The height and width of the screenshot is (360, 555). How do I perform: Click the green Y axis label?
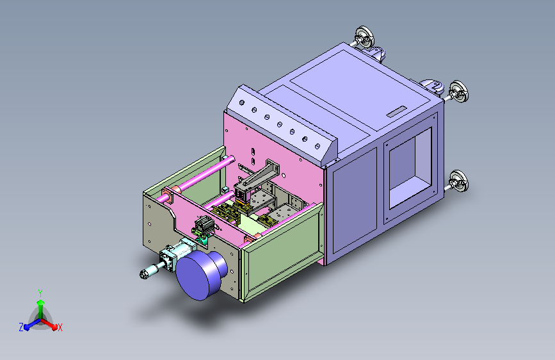click(x=40, y=293)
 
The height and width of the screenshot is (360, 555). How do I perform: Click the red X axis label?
click(x=60, y=327)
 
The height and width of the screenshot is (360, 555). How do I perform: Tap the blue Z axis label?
click(x=21, y=327)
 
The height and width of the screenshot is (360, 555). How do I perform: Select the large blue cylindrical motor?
click(x=201, y=274)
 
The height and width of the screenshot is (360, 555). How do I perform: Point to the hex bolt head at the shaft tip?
click(x=143, y=274)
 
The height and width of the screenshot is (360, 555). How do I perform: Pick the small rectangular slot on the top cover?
click(x=397, y=111)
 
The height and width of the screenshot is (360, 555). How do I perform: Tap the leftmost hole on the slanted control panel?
click(x=242, y=102)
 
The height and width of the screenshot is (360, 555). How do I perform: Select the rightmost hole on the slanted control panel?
click(x=318, y=146)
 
